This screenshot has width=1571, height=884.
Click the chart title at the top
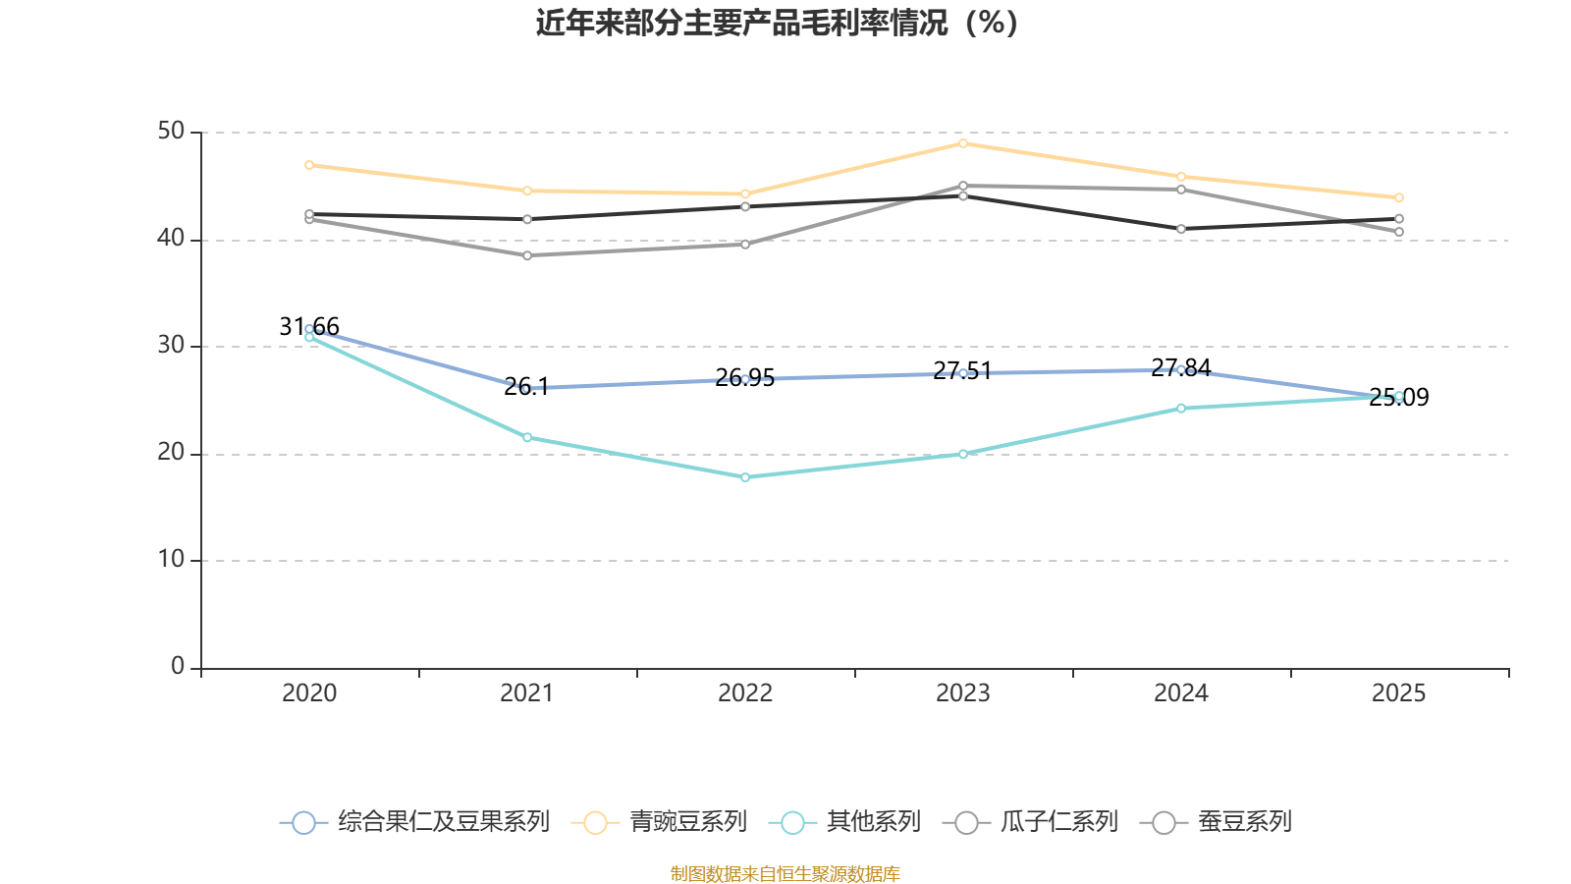(777, 23)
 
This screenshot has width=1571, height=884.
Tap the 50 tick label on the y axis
(171, 131)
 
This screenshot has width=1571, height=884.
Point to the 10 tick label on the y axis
(171, 559)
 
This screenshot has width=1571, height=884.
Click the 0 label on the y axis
(178, 666)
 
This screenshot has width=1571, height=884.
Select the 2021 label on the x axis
(527, 693)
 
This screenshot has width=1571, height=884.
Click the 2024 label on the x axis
(1180, 693)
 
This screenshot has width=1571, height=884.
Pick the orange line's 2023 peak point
(963, 143)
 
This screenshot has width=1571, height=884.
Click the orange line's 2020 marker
(309, 165)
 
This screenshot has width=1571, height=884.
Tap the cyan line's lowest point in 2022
(745, 477)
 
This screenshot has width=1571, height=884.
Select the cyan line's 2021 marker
(527, 437)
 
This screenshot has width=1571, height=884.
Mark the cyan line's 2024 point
(1181, 408)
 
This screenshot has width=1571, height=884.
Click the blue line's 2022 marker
(745, 379)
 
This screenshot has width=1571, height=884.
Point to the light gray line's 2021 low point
(527, 255)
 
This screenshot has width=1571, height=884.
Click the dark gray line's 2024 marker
(1181, 229)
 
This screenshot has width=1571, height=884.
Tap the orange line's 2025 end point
(1399, 197)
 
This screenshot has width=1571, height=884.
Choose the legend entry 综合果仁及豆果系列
(414, 822)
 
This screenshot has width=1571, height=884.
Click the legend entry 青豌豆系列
(660, 822)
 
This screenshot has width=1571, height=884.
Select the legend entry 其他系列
(845, 822)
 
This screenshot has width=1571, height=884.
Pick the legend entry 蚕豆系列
(1217, 822)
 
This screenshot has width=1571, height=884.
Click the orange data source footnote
(785, 873)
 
